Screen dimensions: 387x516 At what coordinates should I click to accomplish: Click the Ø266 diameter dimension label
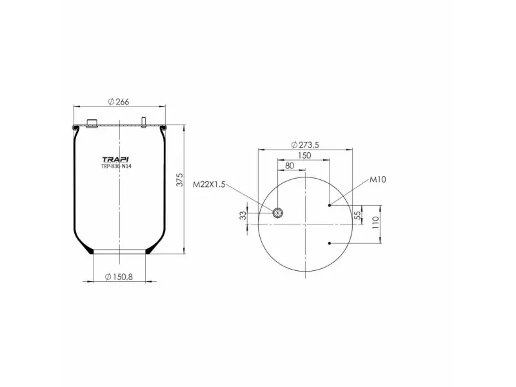(119, 101)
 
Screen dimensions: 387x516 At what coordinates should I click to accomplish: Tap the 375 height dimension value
(180, 180)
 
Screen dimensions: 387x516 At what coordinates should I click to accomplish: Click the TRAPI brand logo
(117, 159)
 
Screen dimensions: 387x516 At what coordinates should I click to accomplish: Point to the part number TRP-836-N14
(117, 166)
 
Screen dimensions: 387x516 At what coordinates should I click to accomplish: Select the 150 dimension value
(304, 155)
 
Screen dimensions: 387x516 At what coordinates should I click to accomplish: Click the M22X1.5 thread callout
(209, 184)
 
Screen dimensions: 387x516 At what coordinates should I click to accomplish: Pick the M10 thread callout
(378, 180)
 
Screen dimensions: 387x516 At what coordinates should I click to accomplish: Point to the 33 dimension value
(244, 215)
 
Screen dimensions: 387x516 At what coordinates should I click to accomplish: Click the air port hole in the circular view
(278, 213)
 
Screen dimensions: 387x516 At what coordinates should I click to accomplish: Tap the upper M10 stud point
(330, 205)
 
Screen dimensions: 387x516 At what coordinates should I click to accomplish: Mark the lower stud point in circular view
(330, 243)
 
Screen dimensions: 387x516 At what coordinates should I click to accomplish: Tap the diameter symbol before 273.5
(293, 144)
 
